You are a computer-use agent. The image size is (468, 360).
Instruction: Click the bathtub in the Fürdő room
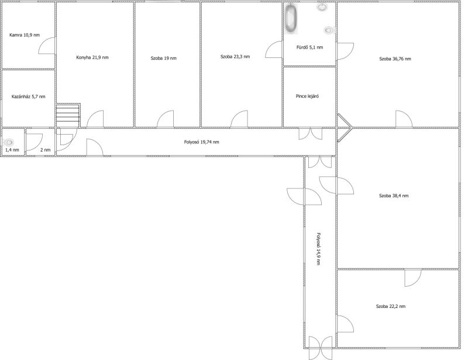pos(291,18)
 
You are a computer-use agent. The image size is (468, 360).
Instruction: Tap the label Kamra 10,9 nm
pos(25,35)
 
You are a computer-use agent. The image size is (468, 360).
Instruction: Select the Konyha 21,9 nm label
pos(92,57)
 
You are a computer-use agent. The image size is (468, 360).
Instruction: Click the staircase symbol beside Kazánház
pos(68,115)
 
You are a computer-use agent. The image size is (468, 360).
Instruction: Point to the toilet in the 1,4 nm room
pos(8,142)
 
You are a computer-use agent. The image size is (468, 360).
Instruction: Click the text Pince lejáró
pos(307,96)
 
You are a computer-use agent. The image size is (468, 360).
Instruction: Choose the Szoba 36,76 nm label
pos(395,59)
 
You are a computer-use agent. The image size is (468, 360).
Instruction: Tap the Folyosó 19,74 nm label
pos(201,142)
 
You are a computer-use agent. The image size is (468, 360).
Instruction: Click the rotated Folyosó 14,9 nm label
pos(318,249)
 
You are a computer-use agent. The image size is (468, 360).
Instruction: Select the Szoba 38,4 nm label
pos(394,196)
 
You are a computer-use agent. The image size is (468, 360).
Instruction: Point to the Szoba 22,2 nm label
pos(391,306)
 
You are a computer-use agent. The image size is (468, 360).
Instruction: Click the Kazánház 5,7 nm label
pos(28,97)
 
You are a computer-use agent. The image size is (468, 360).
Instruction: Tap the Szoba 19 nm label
pos(164,59)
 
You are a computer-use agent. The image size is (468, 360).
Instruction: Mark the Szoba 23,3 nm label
pos(235,56)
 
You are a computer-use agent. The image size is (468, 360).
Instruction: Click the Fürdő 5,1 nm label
pos(309,47)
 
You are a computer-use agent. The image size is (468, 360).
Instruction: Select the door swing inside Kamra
pos(47,46)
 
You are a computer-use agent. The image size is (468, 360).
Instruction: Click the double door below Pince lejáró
pos(311,133)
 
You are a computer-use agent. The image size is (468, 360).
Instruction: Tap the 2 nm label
pos(46,150)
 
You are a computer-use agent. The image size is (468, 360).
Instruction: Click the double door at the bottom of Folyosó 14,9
pos(320,348)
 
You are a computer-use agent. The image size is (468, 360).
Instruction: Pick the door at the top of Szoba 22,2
pos(413,278)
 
